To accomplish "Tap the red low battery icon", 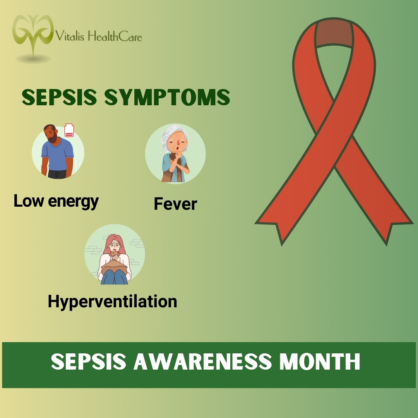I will tap(69, 130).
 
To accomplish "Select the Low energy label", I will tap(56, 201).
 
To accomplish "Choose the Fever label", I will tap(175, 204).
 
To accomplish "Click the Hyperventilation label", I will tap(112, 301).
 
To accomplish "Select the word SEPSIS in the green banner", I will tap(89, 362).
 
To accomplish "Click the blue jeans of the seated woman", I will tap(115, 277).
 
